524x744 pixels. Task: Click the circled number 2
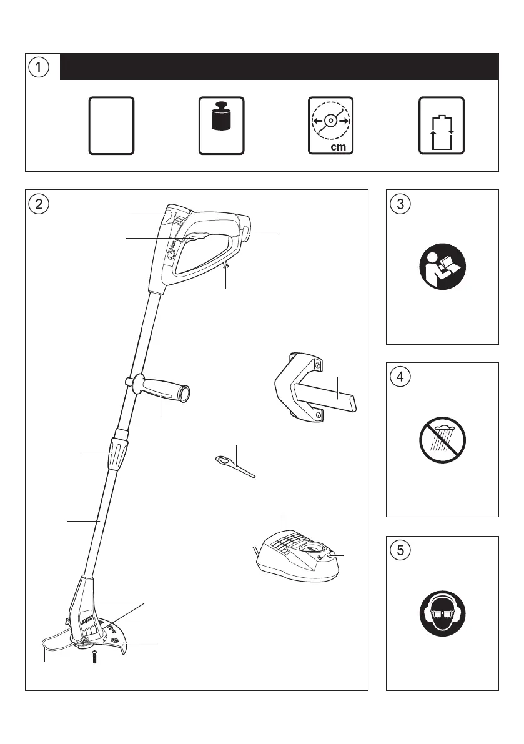[x=39, y=204]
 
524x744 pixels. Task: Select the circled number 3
[x=400, y=204]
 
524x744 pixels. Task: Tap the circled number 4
[x=400, y=377]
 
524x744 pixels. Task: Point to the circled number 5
[x=400, y=550]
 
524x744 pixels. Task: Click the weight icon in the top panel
[x=221, y=125]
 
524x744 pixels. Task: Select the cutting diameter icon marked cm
[x=331, y=125]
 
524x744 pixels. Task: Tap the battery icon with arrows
[x=441, y=125]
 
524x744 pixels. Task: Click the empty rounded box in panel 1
[x=111, y=125]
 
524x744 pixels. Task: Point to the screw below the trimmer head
[x=94, y=657]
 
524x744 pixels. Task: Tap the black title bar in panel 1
[x=279, y=67]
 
